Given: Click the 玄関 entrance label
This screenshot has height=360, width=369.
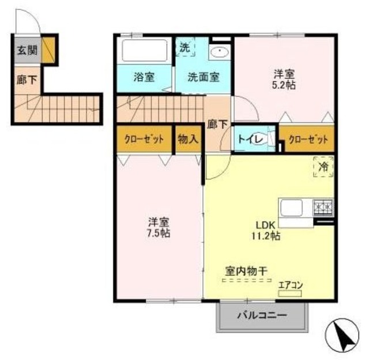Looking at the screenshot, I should tap(25, 50).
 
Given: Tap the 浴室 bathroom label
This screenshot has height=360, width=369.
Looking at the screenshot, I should tap(144, 77).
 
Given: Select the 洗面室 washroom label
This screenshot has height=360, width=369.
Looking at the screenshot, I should tap(201, 77).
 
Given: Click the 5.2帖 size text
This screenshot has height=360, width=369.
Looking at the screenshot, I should tap(284, 84).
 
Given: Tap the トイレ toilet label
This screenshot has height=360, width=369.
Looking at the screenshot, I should tap(248, 139).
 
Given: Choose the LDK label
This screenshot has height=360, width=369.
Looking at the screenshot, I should tap(268, 225).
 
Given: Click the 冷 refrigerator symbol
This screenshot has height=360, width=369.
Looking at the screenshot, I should tap(324, 167).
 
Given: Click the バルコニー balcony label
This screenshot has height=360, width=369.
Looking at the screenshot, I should tap(262, 316).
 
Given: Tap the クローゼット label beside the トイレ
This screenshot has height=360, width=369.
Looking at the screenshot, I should tap(307, 139).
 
